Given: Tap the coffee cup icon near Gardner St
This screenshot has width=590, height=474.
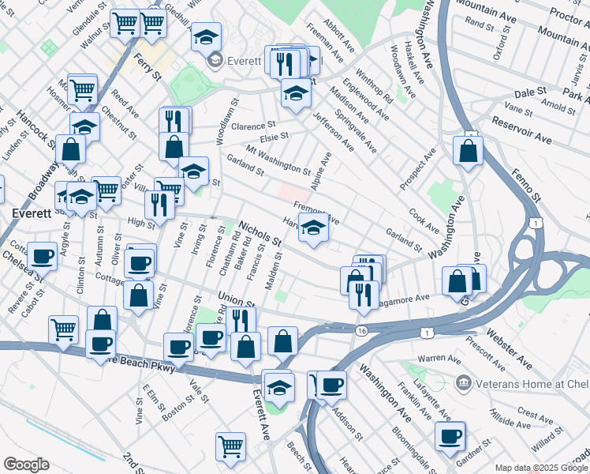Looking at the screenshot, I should click(x=450, y=435).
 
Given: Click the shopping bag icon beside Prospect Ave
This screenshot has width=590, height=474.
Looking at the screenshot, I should click(x=469, y=150).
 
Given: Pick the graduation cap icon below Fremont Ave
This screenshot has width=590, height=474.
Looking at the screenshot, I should click(x=314, y=229).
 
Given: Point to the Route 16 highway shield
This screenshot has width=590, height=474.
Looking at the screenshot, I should click(x=361, y=330).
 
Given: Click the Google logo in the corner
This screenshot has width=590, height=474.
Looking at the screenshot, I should click(x=26, y=465).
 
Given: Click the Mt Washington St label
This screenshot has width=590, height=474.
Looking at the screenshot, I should click(x=278, y=160).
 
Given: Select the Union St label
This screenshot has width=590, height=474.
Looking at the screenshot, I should click(x=236, y=300).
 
